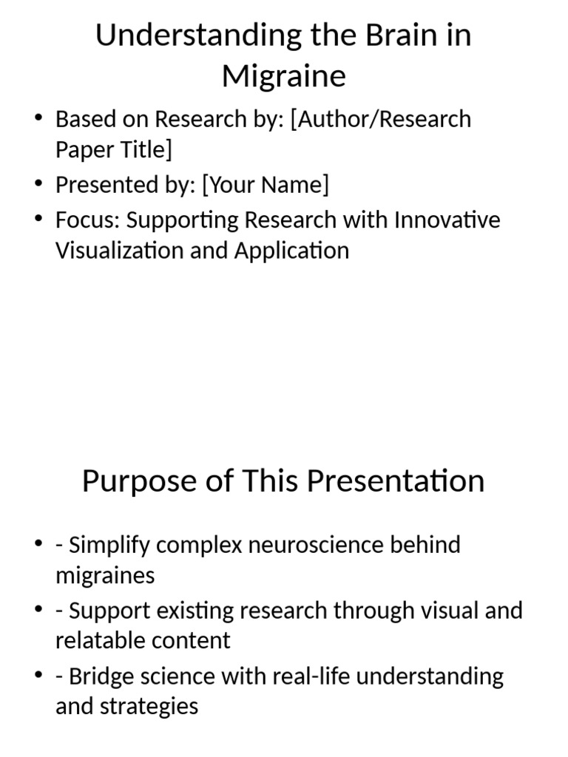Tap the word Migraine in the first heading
tap(284, 75)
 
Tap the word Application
tap(292, 251)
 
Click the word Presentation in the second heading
tap(396, 481)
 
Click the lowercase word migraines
tap(105, 575)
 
